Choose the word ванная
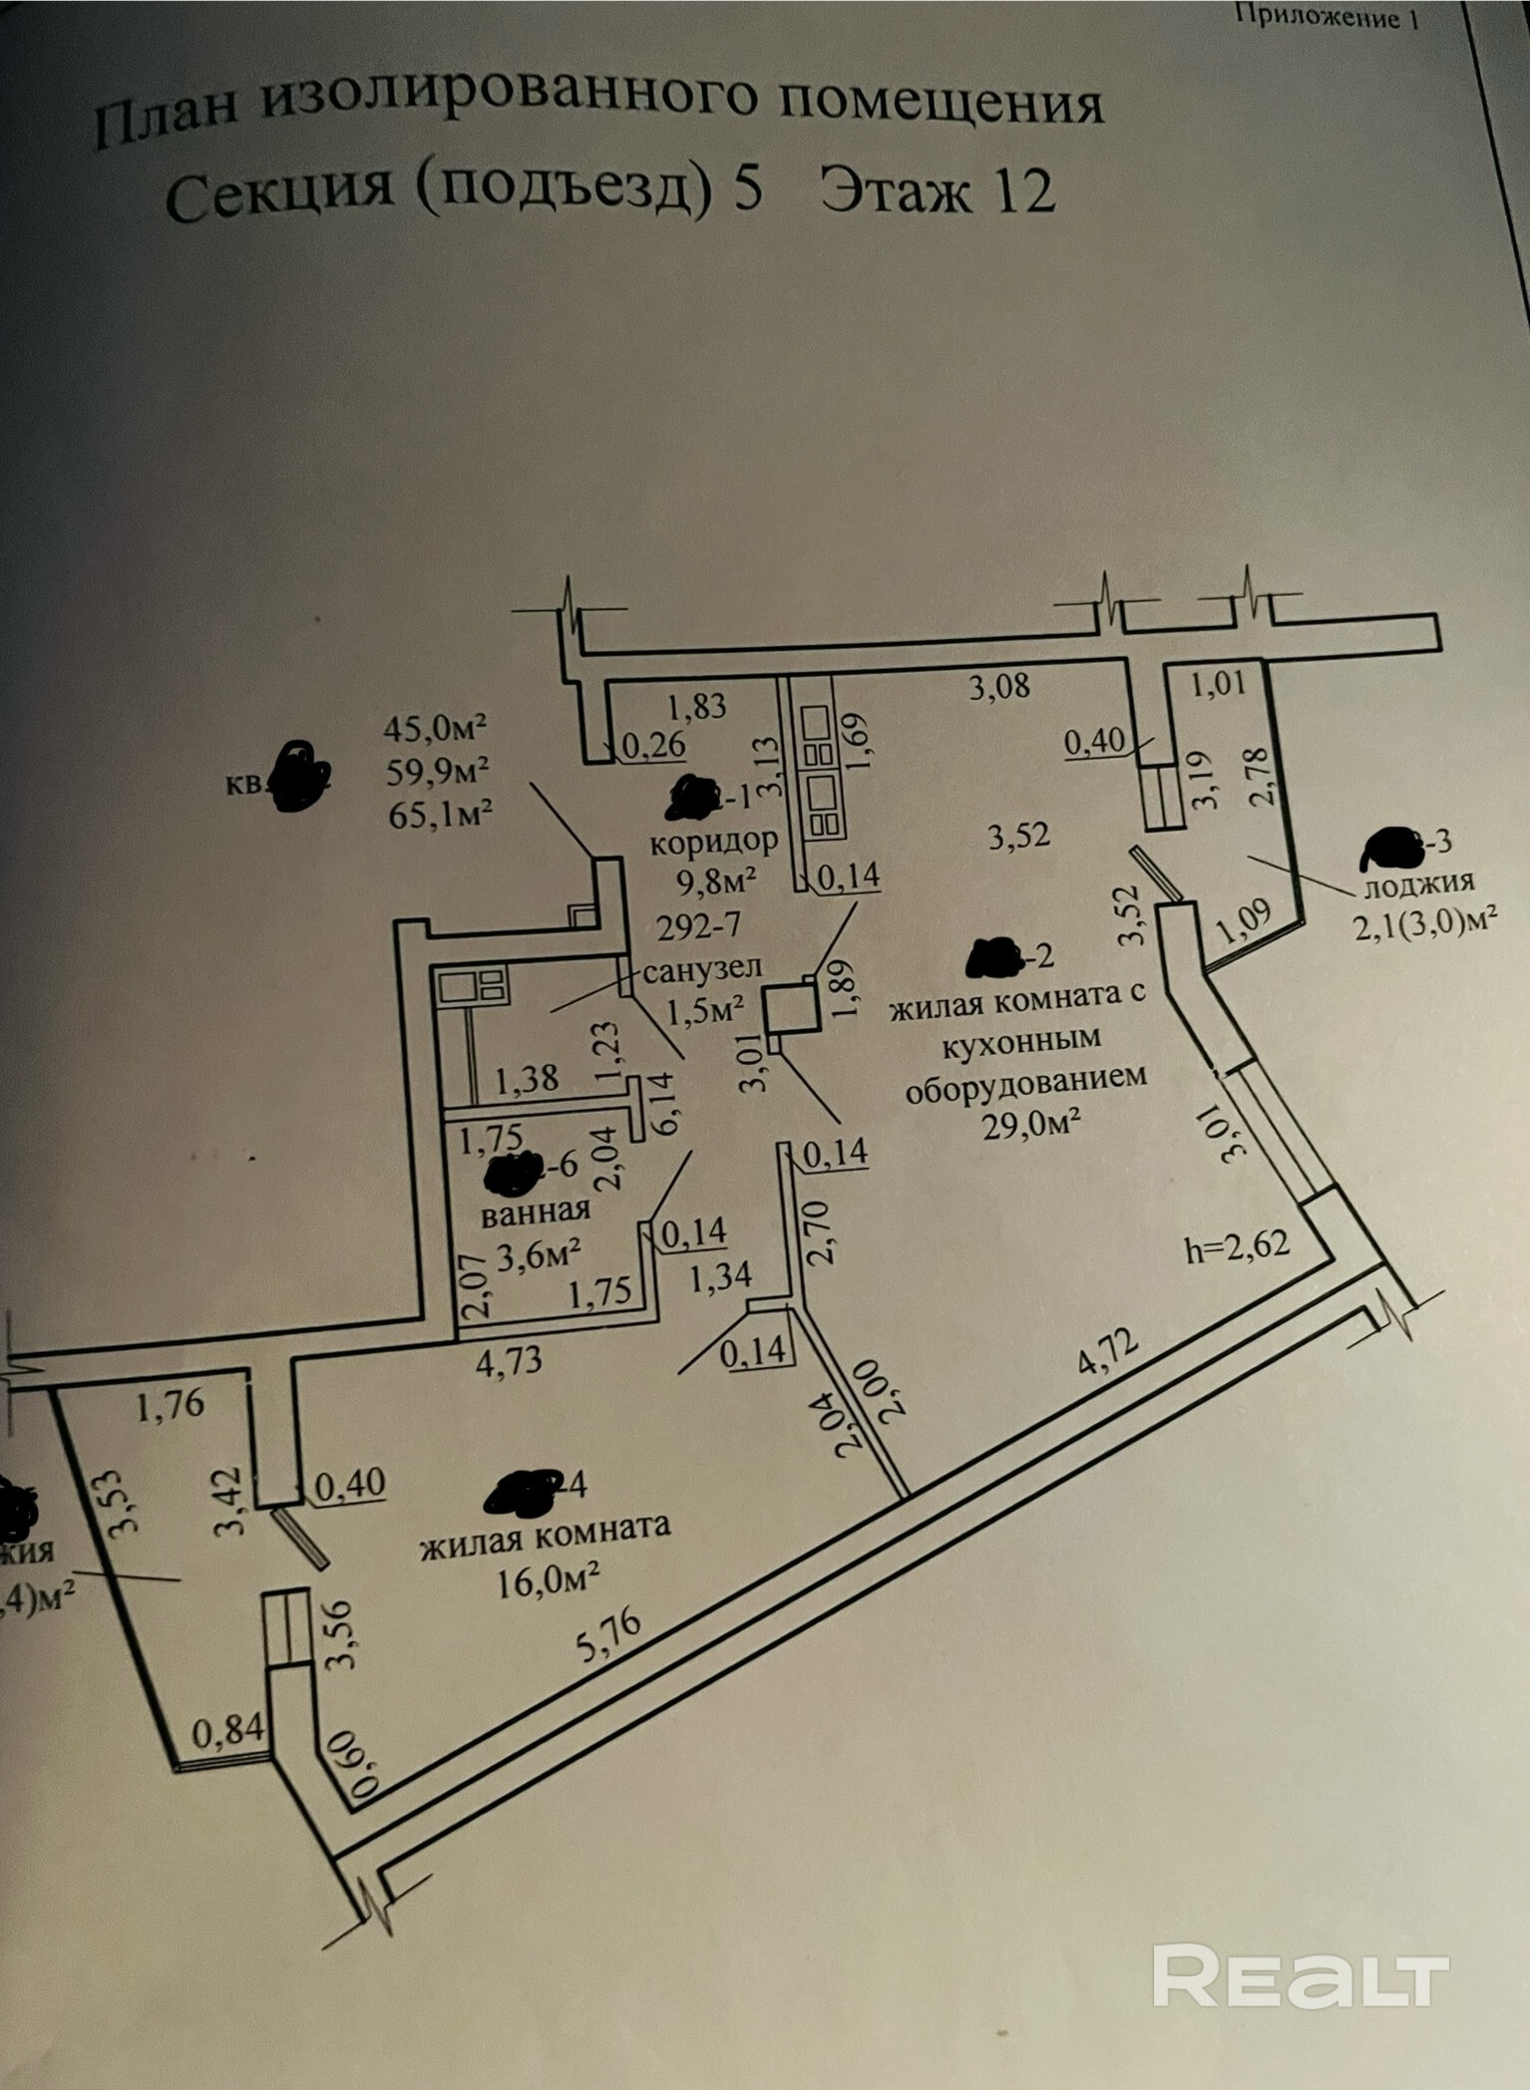point(536,1212)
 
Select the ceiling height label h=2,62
point(1237,1245)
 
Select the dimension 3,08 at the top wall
point(999,686)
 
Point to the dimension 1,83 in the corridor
point(697,706)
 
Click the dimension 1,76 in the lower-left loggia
point(171,1404)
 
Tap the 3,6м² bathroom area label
point(540,1255)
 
